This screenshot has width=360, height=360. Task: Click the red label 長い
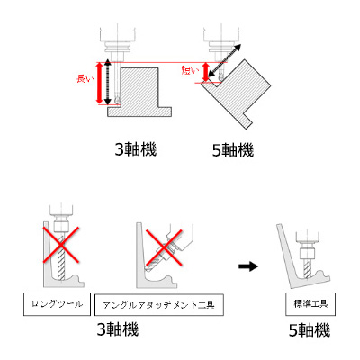pyautogui.click(x=85, y=79)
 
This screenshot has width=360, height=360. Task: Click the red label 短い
pyautogui.click(x=190, y=70)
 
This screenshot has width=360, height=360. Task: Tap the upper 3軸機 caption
pyautogui.click(x=136, y=149)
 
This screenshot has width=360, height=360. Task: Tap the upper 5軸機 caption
pyautogui.click(x=233, y=150)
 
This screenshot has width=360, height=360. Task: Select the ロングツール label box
pyautogui.click(x=57, y=304)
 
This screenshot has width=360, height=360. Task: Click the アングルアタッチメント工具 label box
pyautogui.click(x=159, y=305)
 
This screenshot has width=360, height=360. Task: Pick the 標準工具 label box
pyautogui.click(x=310, y=304)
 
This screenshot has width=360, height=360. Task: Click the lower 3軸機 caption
pyautogui.click(x=118, y=329)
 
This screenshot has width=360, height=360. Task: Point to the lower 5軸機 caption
pyautogui.click(x=310, y=330)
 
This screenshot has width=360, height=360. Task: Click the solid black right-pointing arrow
pyautogui.click(x=248, y=266)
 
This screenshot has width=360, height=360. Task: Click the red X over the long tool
pyautogui.click(x=61, y=245)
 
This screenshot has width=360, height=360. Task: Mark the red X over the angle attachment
pyautogui.click(x=164, y=247)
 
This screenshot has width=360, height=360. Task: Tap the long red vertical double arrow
pyautogui.click(x=99, y=83)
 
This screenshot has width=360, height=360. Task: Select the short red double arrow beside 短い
pyautogui.click(x=205, y=72)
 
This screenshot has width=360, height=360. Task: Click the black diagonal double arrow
pyautogui.click(x=225, y=61)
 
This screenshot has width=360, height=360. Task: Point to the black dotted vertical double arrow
pyautogui.click(x=109, y=83)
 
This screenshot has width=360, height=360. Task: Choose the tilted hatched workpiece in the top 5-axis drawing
pyautogui.click(x=236, y=94)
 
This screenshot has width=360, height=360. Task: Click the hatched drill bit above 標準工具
pyautogui.click(x=307, y=268)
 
